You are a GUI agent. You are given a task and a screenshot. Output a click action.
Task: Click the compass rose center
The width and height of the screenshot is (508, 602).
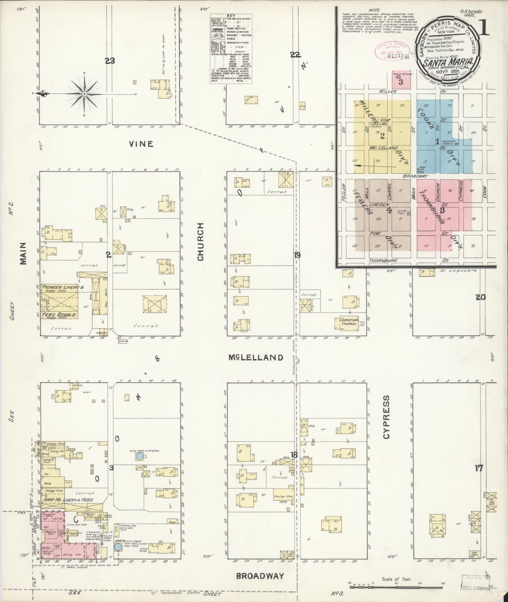[x=84, y=94]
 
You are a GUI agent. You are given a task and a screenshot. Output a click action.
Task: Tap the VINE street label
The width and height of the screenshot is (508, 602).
[x=141, y=144]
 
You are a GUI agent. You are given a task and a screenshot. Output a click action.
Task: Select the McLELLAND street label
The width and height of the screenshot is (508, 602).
[x=256, y=357]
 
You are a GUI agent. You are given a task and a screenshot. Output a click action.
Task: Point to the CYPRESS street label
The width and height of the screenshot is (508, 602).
[x=387, y=417]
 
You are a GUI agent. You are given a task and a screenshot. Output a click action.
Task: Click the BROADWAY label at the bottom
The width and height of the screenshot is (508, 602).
[x=260, y=576]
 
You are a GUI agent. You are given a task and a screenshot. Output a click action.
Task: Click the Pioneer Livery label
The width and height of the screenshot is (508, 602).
[x=62, y=287]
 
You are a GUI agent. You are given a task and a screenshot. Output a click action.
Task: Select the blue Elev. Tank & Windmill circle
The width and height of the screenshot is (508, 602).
[x=139, y=456]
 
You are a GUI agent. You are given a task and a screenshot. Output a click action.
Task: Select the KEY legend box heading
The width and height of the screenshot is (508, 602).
[x=231, y=15]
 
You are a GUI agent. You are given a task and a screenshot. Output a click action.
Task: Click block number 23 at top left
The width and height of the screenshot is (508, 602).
[x=110, y=61]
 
